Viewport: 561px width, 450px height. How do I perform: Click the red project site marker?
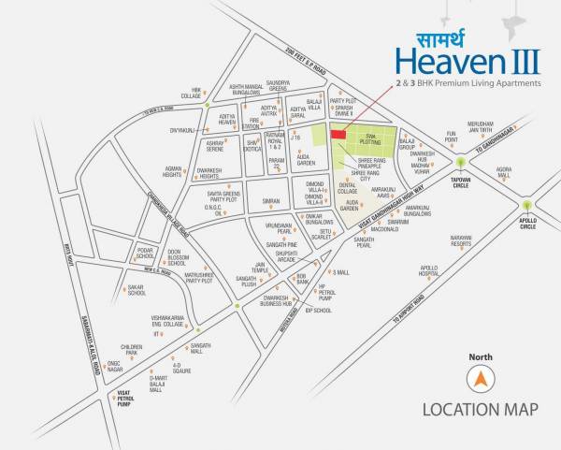[x=337, y=136]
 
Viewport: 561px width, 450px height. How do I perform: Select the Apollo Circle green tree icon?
[x=527, y=206]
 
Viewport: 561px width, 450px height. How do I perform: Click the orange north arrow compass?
[x=482, y=379]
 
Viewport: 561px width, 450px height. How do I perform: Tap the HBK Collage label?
[x=191, y=94]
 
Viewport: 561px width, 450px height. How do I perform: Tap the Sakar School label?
[x=137, y=290]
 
